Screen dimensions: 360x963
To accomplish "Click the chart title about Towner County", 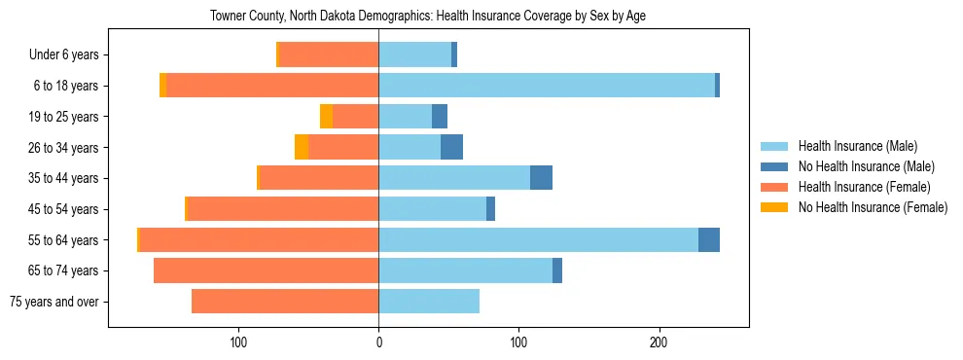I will (x=428, y=17).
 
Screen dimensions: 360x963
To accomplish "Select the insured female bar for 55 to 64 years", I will (x=259, y=239).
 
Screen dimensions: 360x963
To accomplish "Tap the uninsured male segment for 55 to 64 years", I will (x=709, y=239).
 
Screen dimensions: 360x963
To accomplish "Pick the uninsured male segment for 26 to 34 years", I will (x=451, y=147).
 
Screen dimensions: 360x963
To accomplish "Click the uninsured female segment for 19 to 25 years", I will (x=326, y=117).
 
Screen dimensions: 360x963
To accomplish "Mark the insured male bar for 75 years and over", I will (x=429, y=302).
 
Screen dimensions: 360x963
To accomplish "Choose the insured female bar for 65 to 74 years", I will (x=266, y=270).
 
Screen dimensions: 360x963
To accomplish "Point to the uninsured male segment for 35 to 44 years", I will (x=541, y=178).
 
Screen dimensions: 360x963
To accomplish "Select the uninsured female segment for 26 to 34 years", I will (x=302, y=147).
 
